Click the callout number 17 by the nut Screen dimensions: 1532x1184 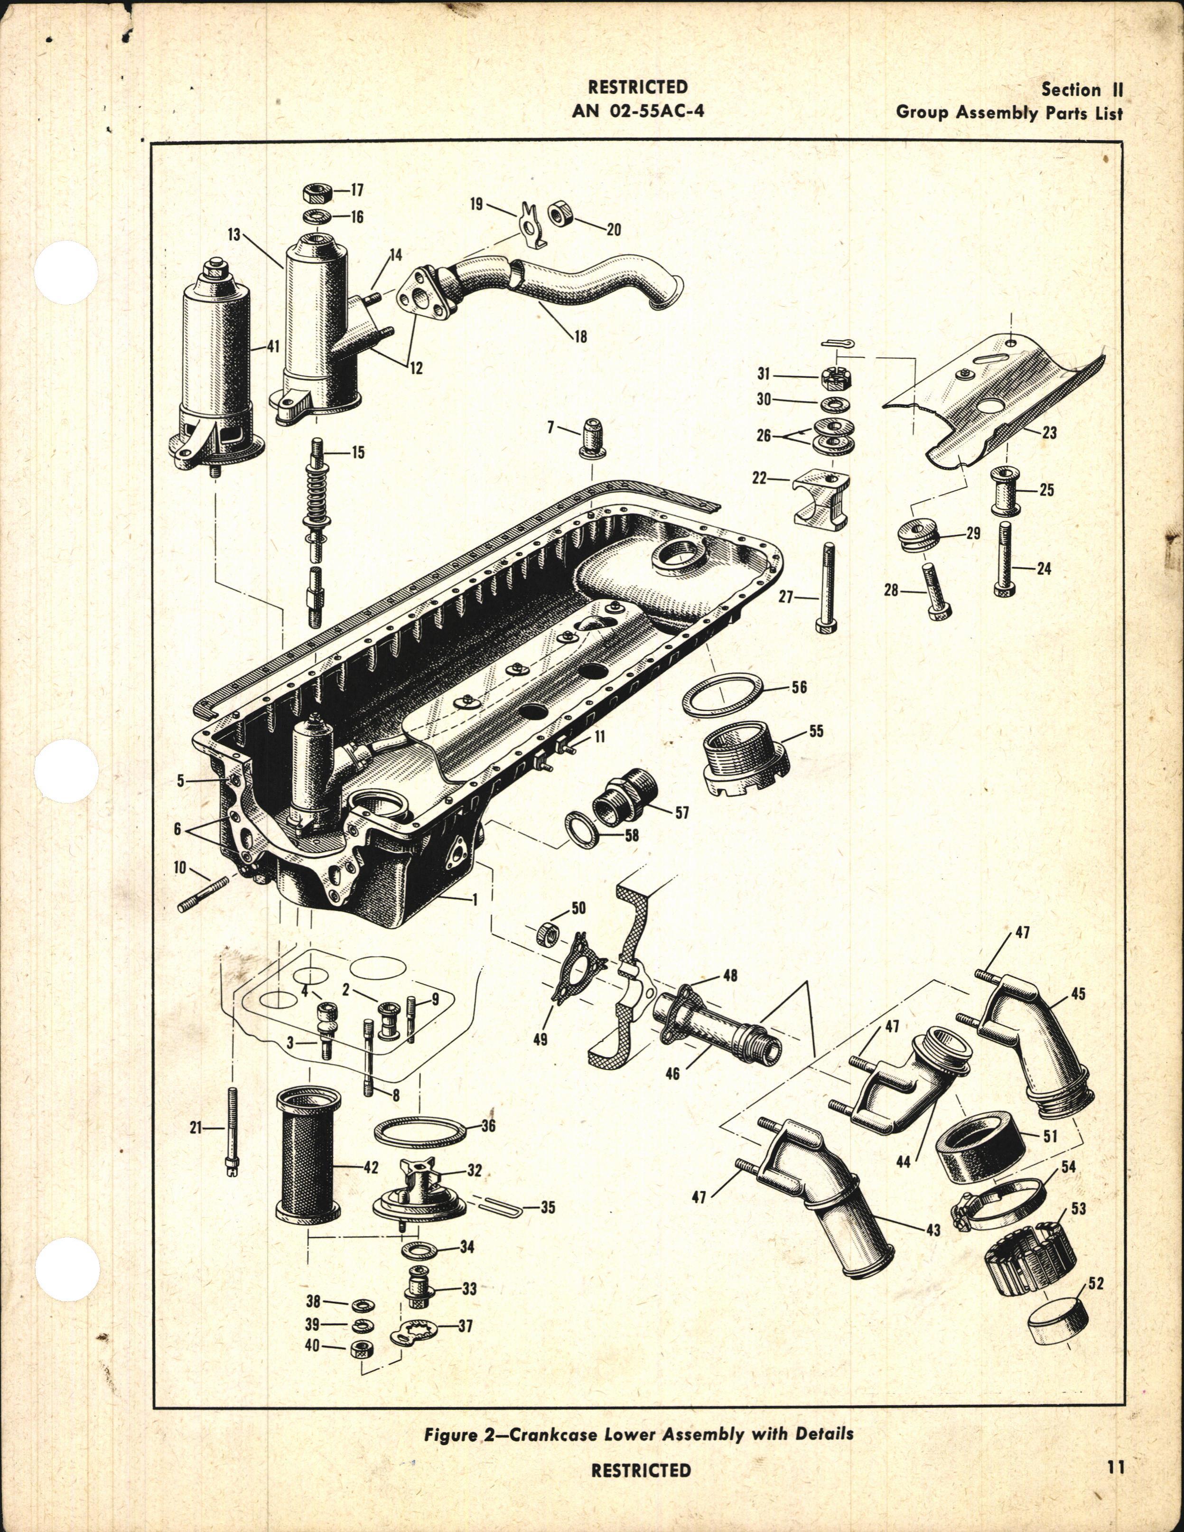pos(358,190)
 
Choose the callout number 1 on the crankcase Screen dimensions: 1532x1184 pos(475,899)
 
